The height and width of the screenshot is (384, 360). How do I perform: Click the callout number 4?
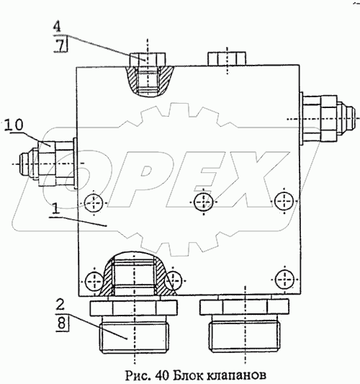click(57, 27)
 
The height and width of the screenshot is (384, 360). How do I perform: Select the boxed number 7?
click(62, 46)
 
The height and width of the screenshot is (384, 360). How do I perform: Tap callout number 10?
click(14, 125)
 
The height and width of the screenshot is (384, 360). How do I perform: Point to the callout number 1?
click(55, 210)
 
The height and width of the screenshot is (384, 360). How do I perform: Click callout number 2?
click(60, 305)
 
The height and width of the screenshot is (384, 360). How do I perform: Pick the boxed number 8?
click(61, 323)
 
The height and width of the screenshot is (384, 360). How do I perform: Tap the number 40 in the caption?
click(161, 375)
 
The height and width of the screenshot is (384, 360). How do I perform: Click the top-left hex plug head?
click(148, 60)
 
